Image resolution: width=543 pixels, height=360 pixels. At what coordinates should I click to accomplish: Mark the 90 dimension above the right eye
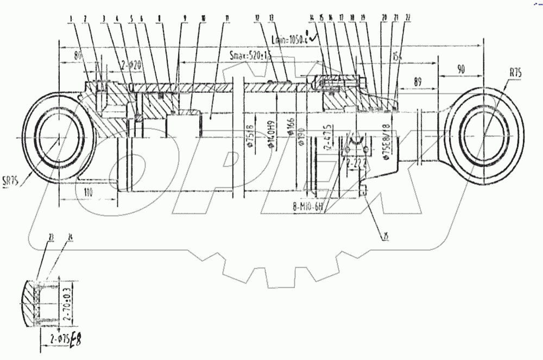point(460,69)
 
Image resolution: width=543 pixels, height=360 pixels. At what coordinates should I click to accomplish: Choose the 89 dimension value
point(418,81)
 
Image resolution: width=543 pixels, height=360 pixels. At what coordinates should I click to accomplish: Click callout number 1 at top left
point(71,18)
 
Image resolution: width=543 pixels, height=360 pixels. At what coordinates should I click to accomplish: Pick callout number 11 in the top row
point(227,18)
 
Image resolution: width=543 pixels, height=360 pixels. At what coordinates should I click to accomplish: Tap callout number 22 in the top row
point(407,18)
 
